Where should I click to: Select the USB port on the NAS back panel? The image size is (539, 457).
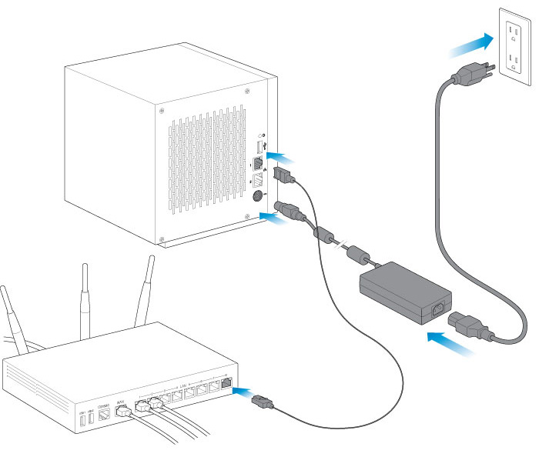point(258,145)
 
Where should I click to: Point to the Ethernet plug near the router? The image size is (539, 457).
point(262,401)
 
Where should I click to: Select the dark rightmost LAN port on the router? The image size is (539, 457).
point(226,382)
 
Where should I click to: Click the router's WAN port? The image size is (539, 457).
point(120,409)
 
